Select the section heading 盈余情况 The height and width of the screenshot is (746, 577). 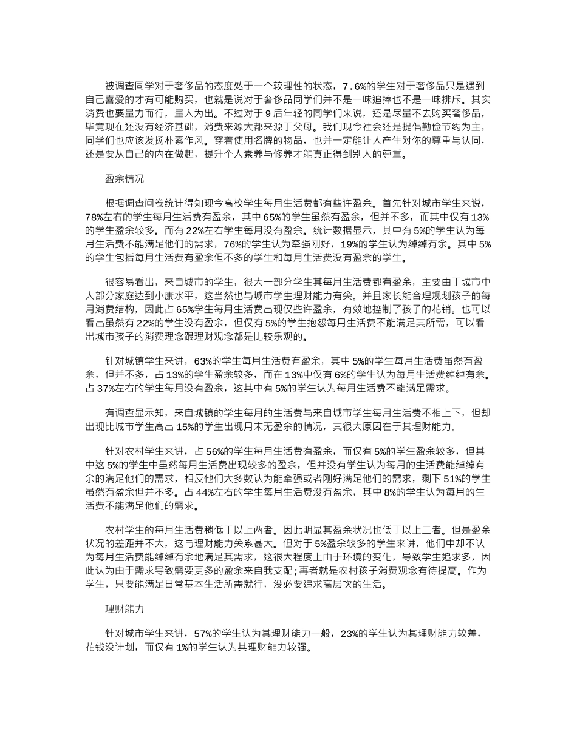(x=125, y=180)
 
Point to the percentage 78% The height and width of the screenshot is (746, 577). (x=95, y=217)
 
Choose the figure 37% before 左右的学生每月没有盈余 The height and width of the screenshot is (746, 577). (x=95, y=388)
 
